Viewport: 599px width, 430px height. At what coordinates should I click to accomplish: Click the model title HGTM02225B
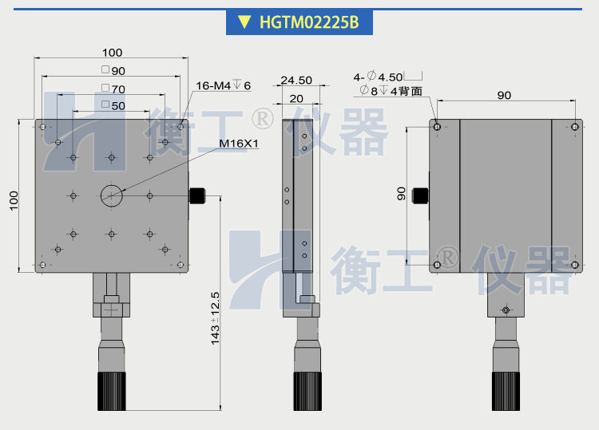click(308, 22)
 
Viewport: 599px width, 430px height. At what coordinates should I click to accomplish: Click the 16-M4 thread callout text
click(223, 85)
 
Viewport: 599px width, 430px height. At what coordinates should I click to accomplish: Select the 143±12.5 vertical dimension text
click(215, 318)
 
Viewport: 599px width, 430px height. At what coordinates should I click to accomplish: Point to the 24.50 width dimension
click(296, 80)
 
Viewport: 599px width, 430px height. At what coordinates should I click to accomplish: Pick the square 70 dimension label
click(113, 89)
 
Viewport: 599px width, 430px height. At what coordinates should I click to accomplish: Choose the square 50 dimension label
click(113, 105)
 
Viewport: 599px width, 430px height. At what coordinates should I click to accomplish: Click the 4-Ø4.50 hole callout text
click(381, 77)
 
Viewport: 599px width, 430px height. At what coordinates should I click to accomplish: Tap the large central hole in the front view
click(112, 194)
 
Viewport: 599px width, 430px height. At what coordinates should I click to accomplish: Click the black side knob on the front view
click(196, 196)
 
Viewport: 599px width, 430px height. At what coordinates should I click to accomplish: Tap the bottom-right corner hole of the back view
click(574, 264)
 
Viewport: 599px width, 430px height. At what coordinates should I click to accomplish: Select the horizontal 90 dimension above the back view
click(504, 95)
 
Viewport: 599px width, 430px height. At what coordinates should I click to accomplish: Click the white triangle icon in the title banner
click(244, 22)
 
